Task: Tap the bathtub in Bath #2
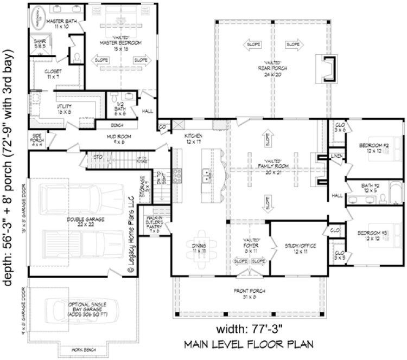393,192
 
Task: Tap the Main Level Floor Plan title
249,344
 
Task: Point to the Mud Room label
118,140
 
